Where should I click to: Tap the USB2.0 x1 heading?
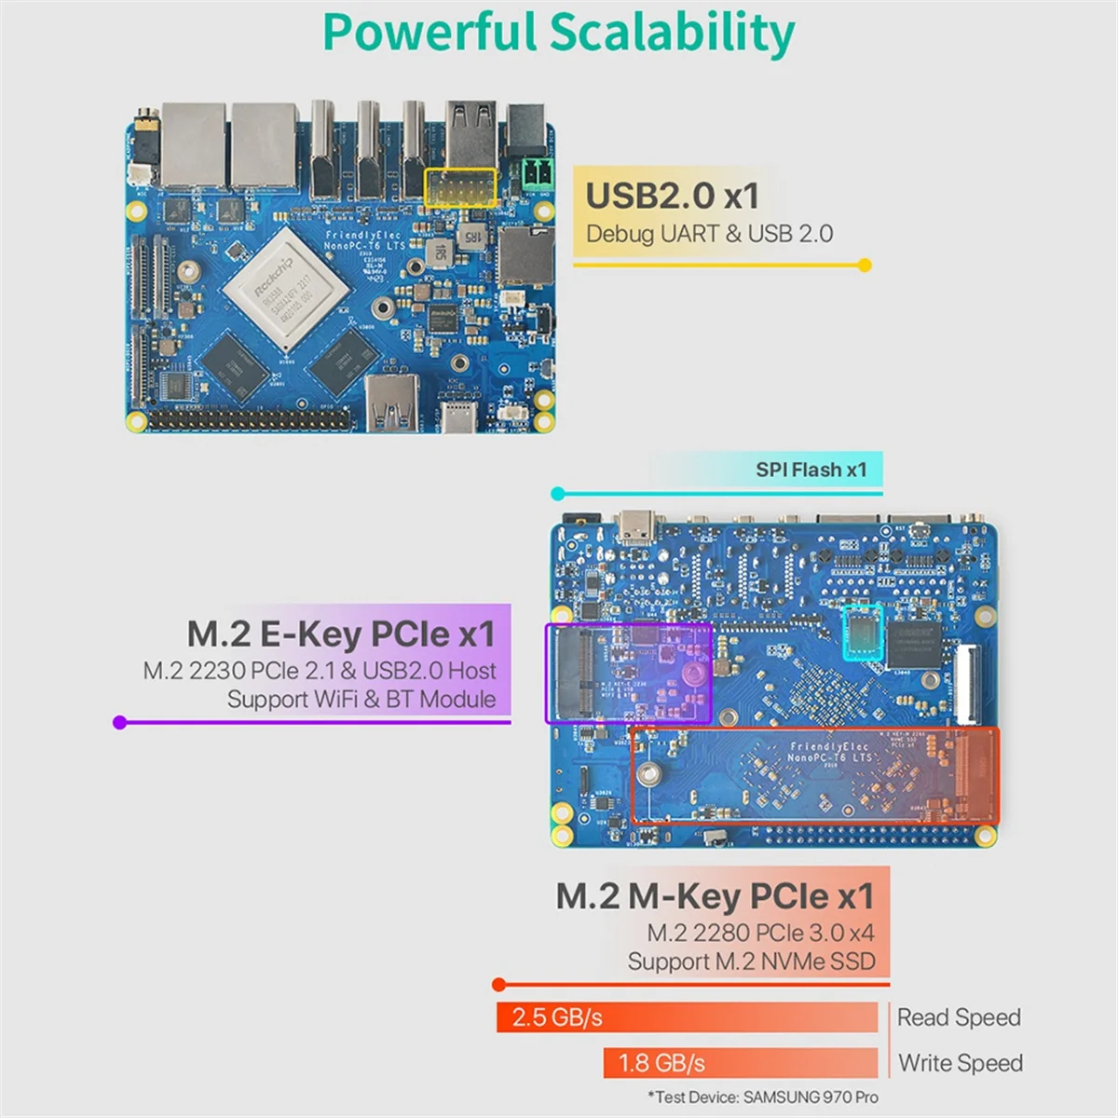(672, 196)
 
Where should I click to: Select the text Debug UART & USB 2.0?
(709, 234)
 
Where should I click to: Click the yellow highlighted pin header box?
(461, 187)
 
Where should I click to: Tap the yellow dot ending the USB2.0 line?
(865, 266)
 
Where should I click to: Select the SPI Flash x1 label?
(811, 470)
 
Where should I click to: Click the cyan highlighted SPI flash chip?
(862, 633)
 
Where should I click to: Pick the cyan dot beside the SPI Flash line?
(558, 494)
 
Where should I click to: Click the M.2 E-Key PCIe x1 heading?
(341, 634)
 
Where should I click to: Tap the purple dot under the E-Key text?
(119, 722)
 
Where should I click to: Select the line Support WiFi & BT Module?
(361, 699)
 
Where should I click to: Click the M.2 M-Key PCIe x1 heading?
(716, 896)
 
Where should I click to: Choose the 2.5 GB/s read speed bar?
(687, 1016)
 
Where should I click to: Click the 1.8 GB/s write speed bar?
(740, 1062)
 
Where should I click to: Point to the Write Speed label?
(961, 1063)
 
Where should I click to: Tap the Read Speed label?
(959, 1017)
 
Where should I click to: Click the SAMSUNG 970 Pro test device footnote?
(763, 1098)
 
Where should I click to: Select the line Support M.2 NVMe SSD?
(751, 961)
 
